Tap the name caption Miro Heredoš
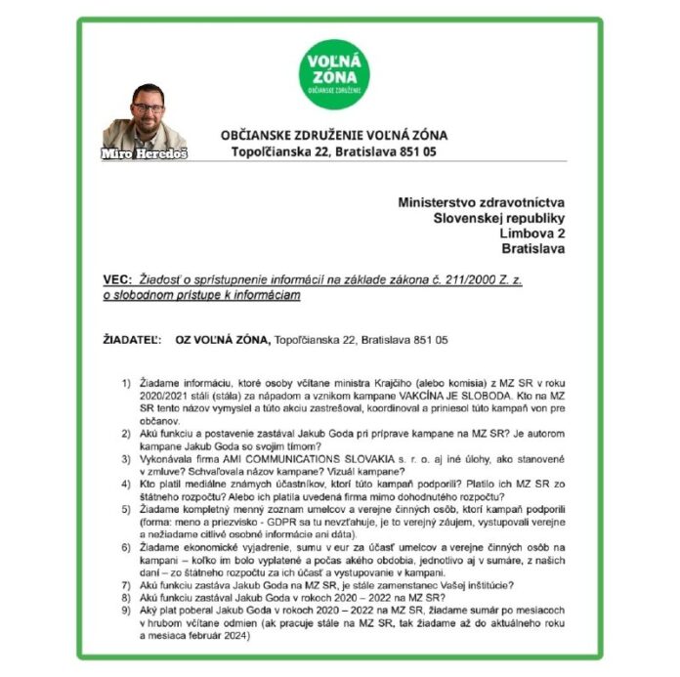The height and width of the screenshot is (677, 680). [x=144, y=154]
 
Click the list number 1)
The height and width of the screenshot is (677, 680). [x=126, y=382]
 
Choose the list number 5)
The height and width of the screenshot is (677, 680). [x=126, y=511]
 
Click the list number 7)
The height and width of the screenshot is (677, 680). [x=126, y=584]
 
